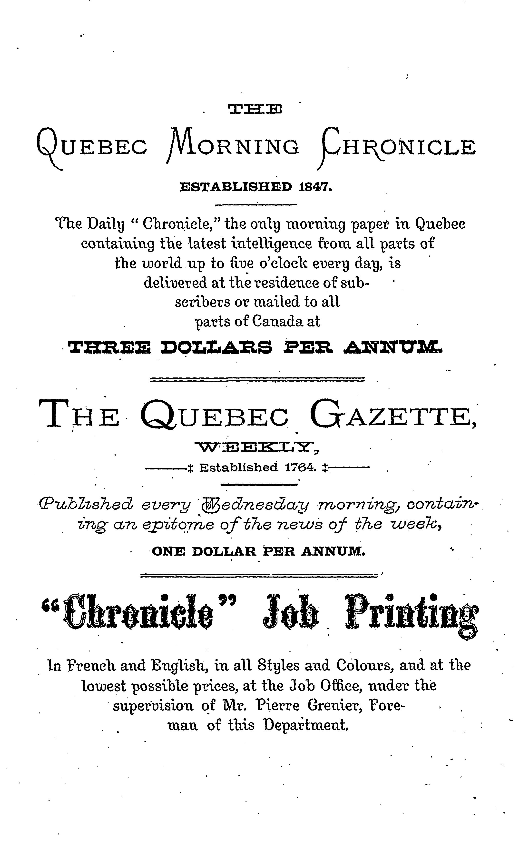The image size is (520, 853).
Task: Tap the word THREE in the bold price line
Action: click(x=110, y=347)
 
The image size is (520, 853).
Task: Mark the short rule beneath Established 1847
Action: click(x=256, y=205)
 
